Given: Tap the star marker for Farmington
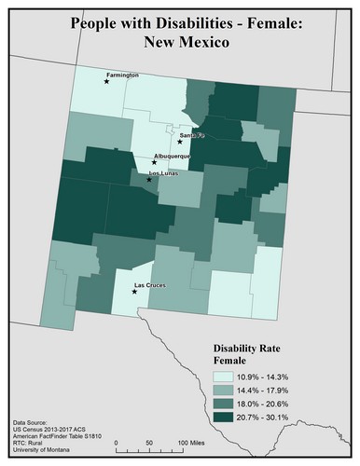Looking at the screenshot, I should click(107, 82).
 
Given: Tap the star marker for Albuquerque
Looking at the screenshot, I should click(155, 162).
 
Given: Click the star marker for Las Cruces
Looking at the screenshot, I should click(134, 292).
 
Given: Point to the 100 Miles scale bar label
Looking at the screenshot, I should click(189, 443).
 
